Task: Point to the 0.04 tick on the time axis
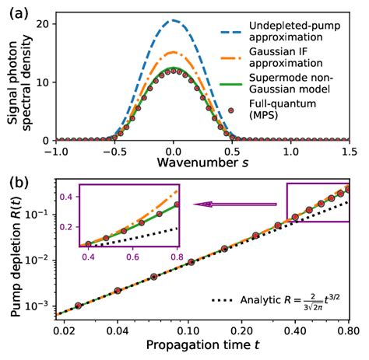118,331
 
